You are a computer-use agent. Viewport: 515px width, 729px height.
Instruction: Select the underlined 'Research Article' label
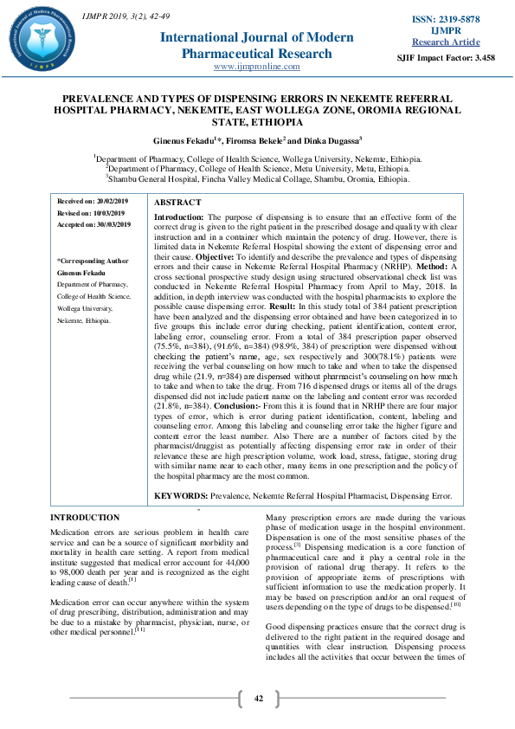pos(446,42)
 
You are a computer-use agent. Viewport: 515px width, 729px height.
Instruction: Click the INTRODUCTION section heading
pos(85,517)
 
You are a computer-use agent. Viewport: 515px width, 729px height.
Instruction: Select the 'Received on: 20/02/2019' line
pos(93,202)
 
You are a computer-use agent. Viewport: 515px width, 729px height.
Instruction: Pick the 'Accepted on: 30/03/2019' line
pos(93,224)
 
